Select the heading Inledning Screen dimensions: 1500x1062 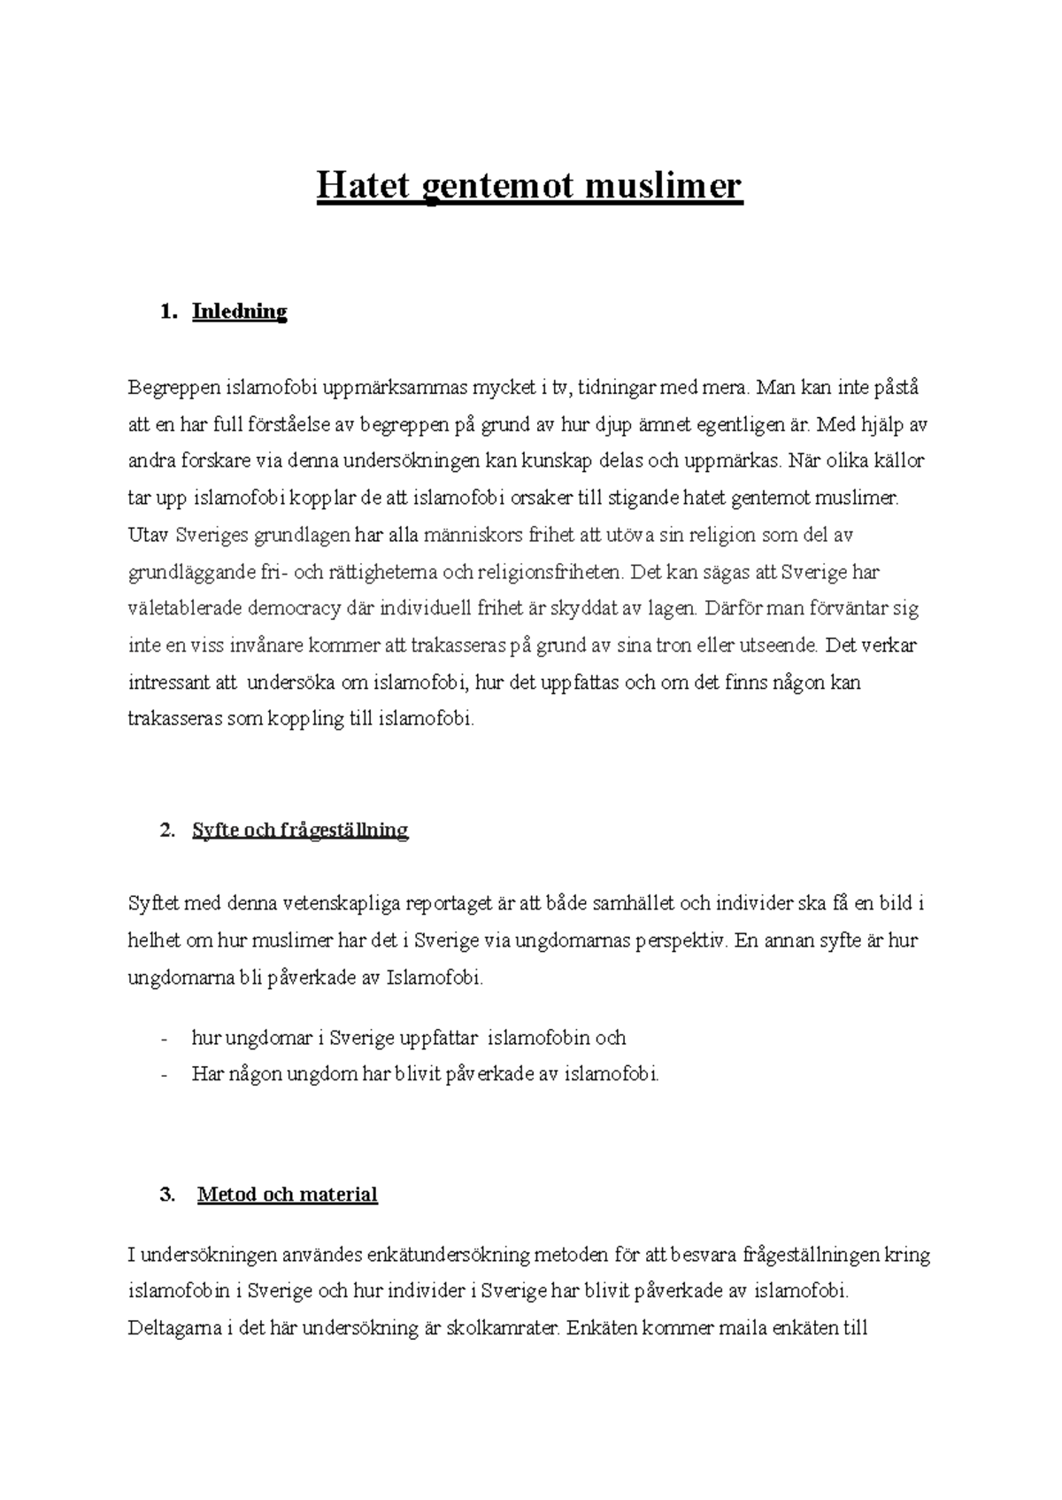tap(239, 312)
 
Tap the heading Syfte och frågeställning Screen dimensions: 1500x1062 tap(300, 831)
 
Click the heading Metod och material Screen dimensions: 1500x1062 tap(288, 1195)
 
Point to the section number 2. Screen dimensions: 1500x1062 tap(166, 831)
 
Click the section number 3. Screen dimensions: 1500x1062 tap(166, 1195)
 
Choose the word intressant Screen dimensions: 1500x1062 tap(170, 683)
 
